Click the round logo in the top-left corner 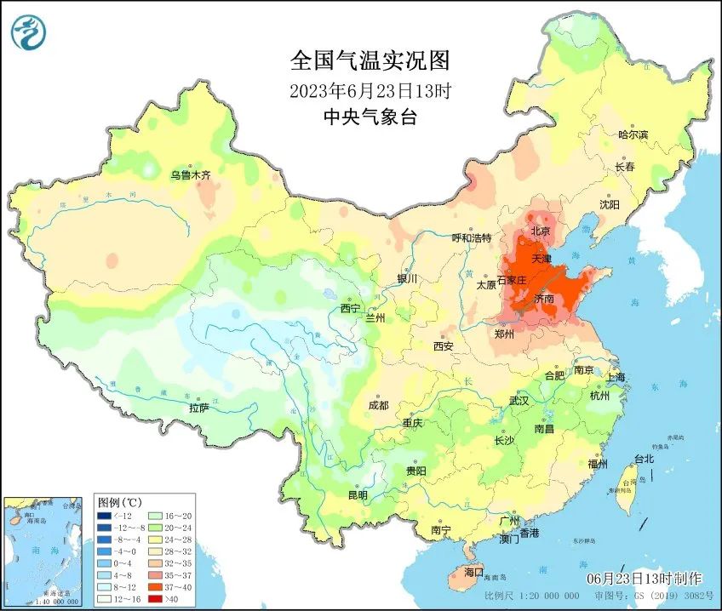click(x=29, y=32)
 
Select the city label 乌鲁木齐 click(x=189, y=174)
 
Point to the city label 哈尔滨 click(x=633, y=134)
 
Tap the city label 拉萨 click(x=199, y=408)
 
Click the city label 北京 click(x=541, y=231)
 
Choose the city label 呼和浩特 click(x=471, y=238)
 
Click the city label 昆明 click(x=358, y=495)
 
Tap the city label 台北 click(x=644, y=460)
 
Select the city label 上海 click(x=615, y=377)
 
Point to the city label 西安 click(x=444, y=346)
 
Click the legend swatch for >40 click(x=154, y=598)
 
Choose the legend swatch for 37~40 click(x=154, y=586)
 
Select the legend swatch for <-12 click(x=104, y=516)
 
